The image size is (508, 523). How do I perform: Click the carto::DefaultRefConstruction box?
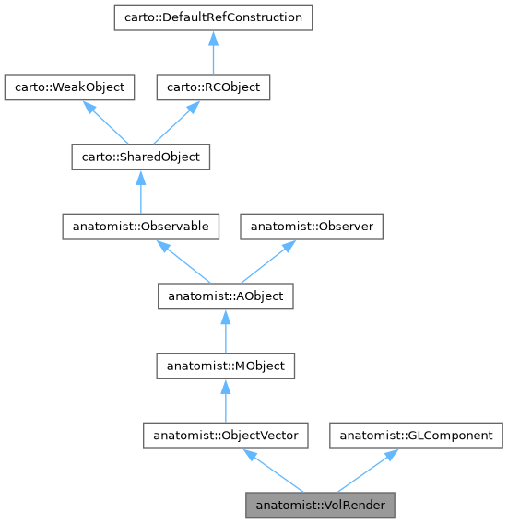pyautogui.click(x=212, y=17)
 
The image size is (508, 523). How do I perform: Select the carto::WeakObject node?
pyautogui.click(x=70, y=87)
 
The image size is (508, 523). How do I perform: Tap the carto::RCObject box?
pyautogui.click(x=212, y=87)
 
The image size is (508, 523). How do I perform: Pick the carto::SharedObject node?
pyautogui.click(x=140, y=157)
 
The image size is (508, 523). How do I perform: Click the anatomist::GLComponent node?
pyautogui.click(x=417, y=436)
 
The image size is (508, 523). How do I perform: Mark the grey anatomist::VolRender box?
pyautogui.click(x=320, y=506)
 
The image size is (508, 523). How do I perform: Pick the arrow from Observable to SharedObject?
pyautogui.click(x=140, y=192)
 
